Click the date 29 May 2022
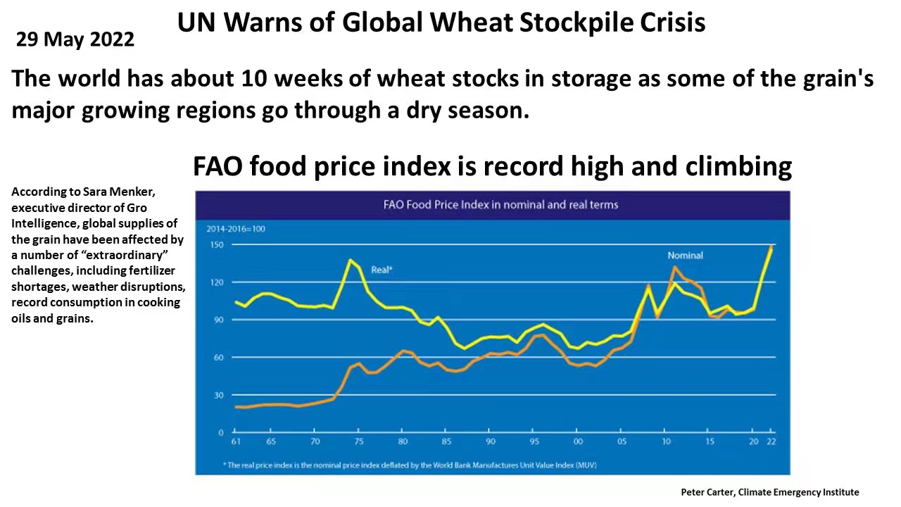[75, 39]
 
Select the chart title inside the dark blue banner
[500, 205]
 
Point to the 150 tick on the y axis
[216, 244]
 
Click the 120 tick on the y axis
[216, 282]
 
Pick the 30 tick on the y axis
[218, 395]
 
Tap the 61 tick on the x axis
[235, 442]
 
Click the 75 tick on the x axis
[358, 442]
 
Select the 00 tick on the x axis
[578, 442]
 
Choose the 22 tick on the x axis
[771, 442]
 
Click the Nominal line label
[685, 256]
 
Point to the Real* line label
[382, 270]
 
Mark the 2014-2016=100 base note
[236, 229]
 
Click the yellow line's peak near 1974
[351, 261]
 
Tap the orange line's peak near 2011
[674, 267]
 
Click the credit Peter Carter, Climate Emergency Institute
[769, 492]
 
